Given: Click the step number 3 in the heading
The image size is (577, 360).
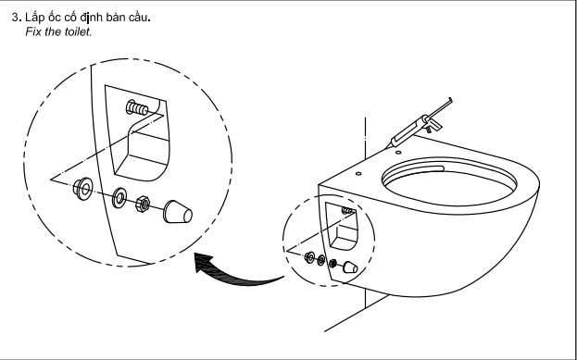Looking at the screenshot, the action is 15,18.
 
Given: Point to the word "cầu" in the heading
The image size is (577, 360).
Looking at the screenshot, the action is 138,18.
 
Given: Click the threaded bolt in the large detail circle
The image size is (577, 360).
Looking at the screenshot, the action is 137,107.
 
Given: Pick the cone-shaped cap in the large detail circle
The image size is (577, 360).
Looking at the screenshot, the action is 178,211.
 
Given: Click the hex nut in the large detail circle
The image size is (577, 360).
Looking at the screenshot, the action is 143,204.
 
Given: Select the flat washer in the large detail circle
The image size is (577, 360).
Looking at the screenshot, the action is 119,198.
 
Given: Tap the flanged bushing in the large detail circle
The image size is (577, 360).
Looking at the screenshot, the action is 82,189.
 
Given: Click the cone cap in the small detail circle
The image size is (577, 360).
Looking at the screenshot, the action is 350,267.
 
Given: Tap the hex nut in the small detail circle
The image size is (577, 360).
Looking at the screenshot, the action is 332,263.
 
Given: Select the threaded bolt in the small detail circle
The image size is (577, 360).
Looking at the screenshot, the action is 347,211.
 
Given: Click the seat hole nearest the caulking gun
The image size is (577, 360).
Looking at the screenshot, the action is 398,153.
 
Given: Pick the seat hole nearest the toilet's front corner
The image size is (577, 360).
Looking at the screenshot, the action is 358,174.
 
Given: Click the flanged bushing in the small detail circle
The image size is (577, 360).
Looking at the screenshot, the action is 310,256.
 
